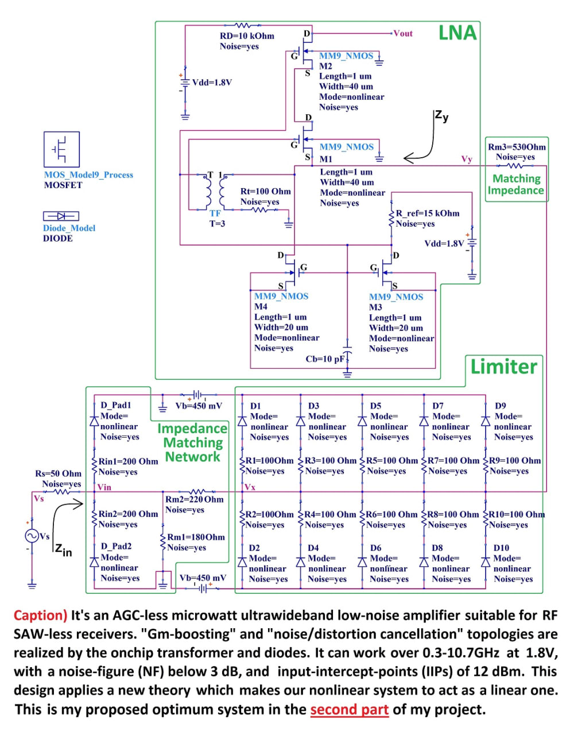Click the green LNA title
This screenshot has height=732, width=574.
457,33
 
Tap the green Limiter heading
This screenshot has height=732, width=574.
503,366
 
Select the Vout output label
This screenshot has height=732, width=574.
403,33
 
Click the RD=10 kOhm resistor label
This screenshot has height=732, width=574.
247,36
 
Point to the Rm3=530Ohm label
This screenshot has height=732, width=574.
517,147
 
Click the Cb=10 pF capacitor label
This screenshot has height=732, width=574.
325,359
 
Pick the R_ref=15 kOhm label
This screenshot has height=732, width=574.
428,213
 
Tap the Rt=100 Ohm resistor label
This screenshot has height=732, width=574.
265,191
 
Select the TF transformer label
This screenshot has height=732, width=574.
215,213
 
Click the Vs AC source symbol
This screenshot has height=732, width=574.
32,536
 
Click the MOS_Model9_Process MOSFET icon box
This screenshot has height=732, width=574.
61,150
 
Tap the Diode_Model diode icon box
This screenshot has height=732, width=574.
61,216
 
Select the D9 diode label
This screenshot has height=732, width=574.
500,406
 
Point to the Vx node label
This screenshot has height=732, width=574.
250,487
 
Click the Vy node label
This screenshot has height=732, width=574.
467,159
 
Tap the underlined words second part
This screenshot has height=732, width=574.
349,710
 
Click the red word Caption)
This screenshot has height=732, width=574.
41,616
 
